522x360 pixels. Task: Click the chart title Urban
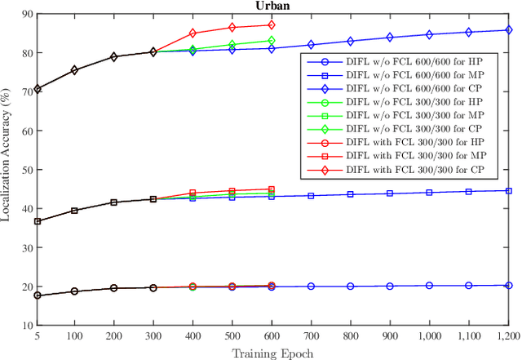pos(271,6)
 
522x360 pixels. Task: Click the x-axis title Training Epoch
pos(272,353)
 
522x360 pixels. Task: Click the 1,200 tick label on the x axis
pos(507,336)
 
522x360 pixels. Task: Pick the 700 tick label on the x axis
pos(311,336)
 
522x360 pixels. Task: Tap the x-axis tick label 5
pos(37,336)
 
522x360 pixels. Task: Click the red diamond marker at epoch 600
pos(272,25)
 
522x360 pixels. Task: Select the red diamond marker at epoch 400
pos(193,33)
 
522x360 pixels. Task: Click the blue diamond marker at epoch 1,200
pos(508,30)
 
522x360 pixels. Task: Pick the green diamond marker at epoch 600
pos(272,40)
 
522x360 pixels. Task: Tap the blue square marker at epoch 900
pos(390,193)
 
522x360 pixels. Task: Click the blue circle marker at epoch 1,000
pos(429,286)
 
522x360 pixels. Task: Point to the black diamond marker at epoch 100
pos(75,70)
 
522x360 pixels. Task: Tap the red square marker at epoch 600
pos(272,189)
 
